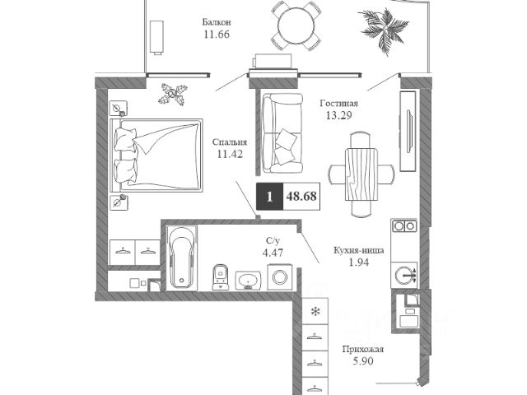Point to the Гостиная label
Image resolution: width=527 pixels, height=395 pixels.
[339, 103]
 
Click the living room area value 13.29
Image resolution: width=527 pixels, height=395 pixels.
[339, 115]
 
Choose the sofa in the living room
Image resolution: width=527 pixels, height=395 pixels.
[281, 132]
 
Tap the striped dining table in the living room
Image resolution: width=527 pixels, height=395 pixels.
[360, 174]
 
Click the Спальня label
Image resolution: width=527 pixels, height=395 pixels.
[229, 141]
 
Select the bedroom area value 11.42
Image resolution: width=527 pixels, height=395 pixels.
[229, 153]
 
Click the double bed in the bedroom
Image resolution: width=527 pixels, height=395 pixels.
[160, 156]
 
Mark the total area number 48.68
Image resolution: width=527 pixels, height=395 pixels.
[301, 197]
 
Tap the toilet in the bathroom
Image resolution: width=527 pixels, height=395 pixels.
[220, 276]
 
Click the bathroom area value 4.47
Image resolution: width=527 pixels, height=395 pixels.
[273, 253]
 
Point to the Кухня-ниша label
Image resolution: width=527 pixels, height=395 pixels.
[357, 249]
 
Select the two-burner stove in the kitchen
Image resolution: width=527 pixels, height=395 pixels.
[403, 225]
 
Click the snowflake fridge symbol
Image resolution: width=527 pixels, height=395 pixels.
[315, 311]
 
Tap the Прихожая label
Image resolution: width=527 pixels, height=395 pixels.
[363, 349]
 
